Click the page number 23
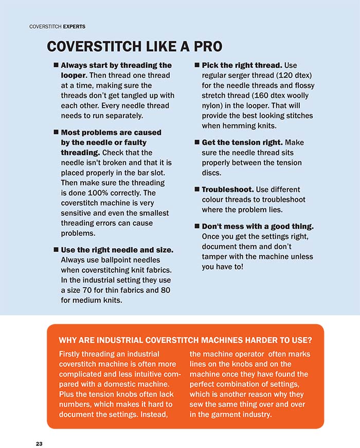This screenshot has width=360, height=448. coord(39,443)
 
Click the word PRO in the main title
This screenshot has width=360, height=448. coord(204,47)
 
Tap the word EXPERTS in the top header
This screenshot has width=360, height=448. coord(72,26)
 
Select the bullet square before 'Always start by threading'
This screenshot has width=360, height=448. coord(56,65)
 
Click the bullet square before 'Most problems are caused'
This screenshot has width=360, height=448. coord(56,132)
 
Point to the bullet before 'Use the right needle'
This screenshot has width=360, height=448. coord(56,249)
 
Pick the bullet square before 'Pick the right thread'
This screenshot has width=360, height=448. coord(197,65)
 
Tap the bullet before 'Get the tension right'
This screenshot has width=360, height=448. coord(197,142)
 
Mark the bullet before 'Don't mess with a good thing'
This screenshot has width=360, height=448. coord(197,226)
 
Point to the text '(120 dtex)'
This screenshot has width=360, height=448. coord(294,76)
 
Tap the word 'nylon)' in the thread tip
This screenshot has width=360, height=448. coord(213,105)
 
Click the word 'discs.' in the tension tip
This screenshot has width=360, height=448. coord(212,173)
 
